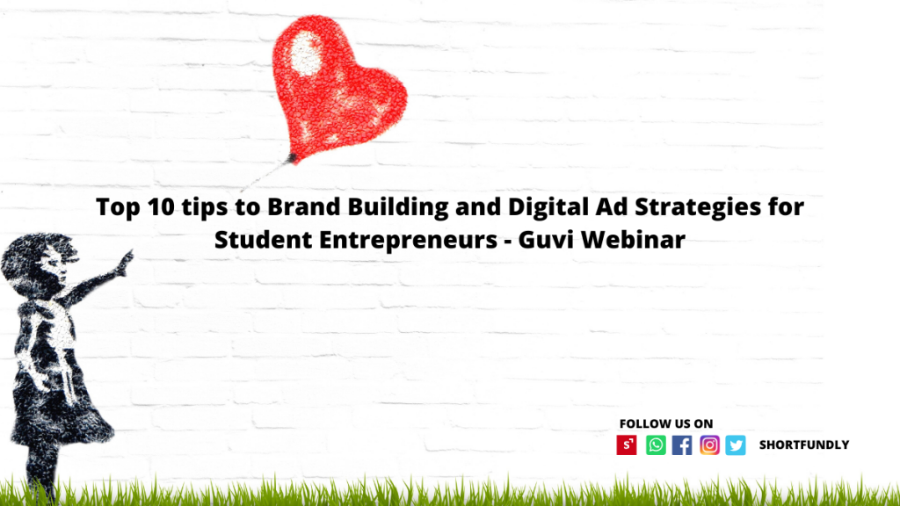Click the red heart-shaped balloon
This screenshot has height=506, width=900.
tap(337, 86)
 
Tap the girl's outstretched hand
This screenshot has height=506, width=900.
tap(125, 262)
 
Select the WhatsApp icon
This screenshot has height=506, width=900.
tap(656, 445)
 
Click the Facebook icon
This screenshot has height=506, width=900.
tap(682, 445)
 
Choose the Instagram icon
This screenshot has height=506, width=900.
tap(709, 445)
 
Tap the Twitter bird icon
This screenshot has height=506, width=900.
tap(736, 445)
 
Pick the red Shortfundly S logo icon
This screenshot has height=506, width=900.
tap(627, 445)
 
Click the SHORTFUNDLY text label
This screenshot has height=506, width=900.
tap(804, 445)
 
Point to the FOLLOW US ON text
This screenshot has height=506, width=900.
tap(666, 423)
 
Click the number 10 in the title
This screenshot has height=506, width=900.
tap(161, 206)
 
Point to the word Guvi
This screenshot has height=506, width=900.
tap(546, 239)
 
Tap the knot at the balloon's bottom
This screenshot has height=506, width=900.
tap(293, 158)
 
